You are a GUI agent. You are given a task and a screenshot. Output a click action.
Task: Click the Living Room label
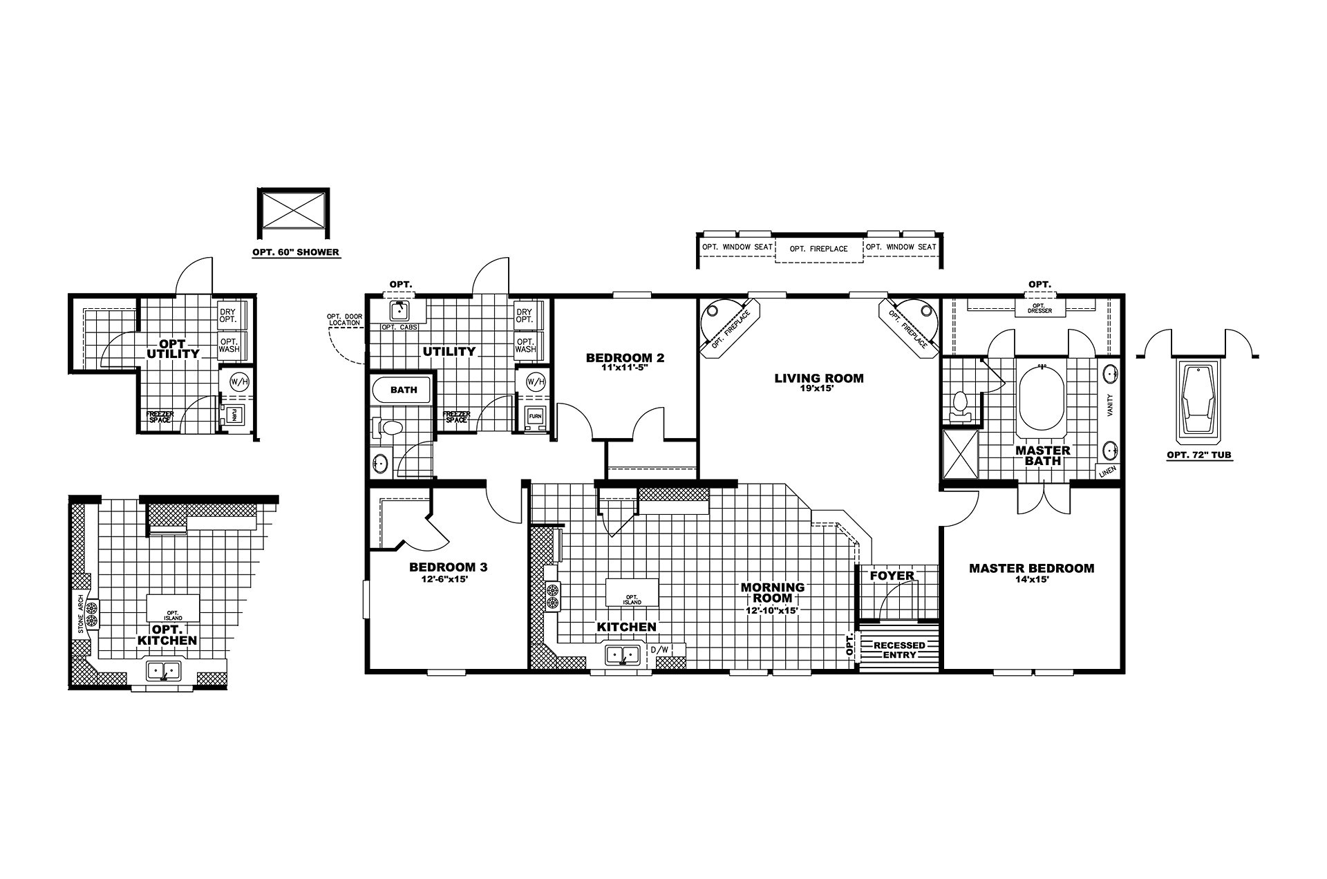(818, 378)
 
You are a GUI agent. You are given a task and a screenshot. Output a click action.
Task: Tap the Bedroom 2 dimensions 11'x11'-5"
(625, 368)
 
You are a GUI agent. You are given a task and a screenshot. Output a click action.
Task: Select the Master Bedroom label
(1031, 568)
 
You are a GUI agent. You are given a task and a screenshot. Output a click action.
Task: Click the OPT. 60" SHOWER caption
(296, 252)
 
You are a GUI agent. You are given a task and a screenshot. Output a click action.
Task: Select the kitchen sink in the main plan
(623, 654)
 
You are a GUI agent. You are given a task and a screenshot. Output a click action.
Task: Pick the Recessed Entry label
(899, 650)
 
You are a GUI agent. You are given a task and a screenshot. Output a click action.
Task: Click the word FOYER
(892, 575)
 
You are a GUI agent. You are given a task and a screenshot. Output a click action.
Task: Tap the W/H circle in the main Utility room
(536, 381)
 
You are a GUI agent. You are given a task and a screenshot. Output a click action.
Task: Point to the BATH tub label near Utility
(404, 390)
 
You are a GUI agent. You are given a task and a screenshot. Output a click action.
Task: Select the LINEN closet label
(1108, 472)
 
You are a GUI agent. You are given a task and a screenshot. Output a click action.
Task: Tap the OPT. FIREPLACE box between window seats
(819, 248)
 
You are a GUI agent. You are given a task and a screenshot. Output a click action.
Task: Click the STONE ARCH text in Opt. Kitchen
(81, 614)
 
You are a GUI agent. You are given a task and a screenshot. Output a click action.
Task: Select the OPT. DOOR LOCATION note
(343, 320)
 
